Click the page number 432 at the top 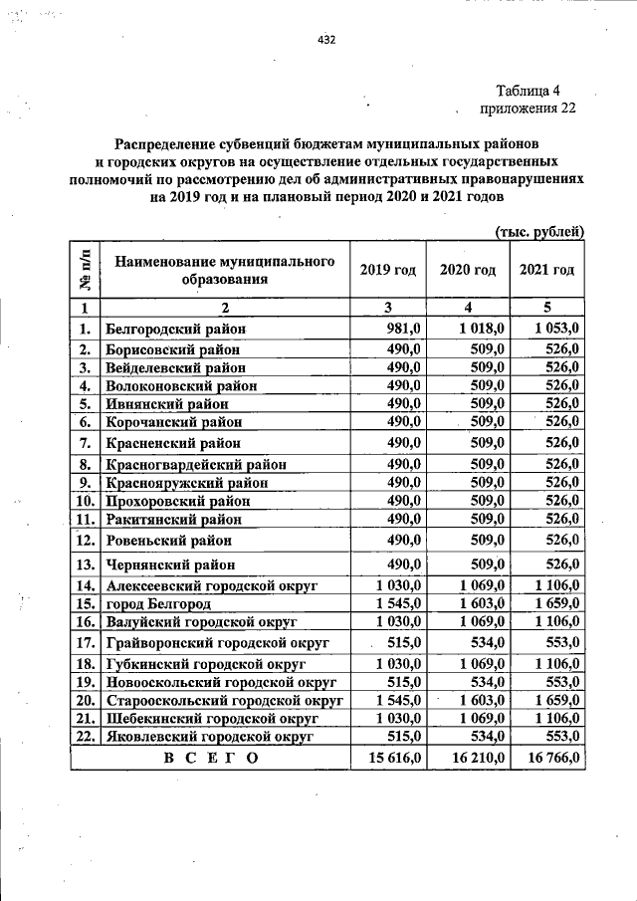[x=326, y=41]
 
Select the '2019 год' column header [x=388, y=270]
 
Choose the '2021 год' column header [x=546, y=270]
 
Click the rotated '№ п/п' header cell [x=86, y=270]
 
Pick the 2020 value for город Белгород [x=483, y=603]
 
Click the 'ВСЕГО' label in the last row [x=210, y=759]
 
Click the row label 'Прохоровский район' [x=178, y=501]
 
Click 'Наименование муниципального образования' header [x=224, y=270]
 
